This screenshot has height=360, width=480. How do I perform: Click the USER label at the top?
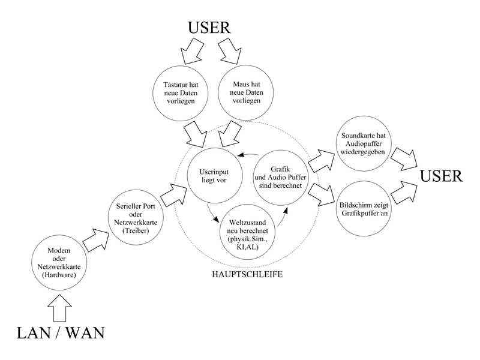(x=209, y=28)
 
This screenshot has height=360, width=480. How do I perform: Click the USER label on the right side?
(x=441, y=176)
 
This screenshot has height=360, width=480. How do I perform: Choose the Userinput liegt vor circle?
(x=214, y=175)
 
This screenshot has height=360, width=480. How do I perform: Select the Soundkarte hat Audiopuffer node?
(x=362, y=143)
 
